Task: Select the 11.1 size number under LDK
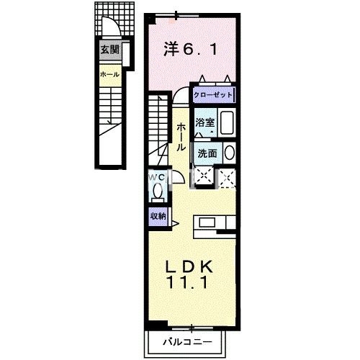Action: pos(189,284)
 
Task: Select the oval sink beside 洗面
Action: pos(229,153)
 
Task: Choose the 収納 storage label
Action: pos(158,215)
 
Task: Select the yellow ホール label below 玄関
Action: pos(109,73)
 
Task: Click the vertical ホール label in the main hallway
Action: pos(179,135)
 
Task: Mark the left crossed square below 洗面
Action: pos(203,175)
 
